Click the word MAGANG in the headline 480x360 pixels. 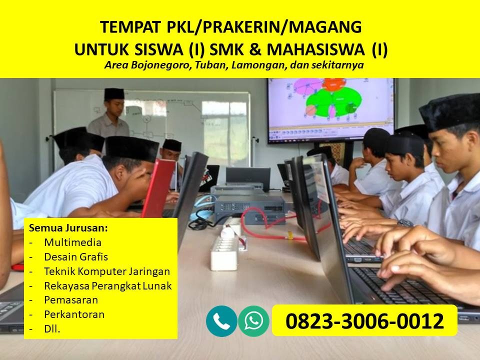click(x=325, y=27)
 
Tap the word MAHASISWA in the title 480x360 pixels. click(x=316, y=49)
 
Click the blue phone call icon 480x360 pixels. click(x=221, y=321)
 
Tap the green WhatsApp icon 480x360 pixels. click(x=254, y=321)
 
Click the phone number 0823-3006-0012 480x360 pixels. click(x=364, y=321)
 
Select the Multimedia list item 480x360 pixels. click(x=72, y=242)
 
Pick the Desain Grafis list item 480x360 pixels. click(x=76, y=257)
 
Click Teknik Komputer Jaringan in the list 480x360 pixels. click(x=107, y=271)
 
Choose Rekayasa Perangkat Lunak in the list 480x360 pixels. click(x=108, y=286)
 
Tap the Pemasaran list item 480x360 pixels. click(x=71, y=300)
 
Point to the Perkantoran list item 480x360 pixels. click(x=74, y=314)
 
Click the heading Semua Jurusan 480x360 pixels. click(x=68, y=228)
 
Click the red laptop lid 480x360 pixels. click(x=158, y=188)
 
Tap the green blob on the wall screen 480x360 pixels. click(x=335, y=101)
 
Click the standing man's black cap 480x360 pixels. click(x=114, y=94)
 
